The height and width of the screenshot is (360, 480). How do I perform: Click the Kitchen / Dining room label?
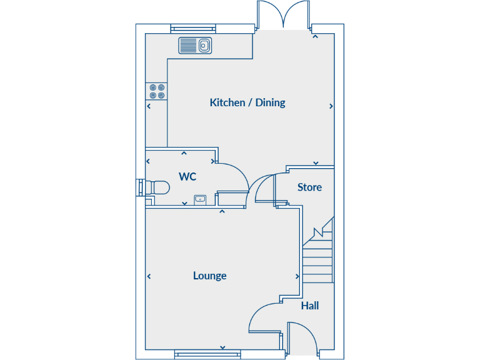click(x=247, y=102)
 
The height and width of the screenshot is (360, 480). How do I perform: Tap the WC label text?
click(x=187, y=177)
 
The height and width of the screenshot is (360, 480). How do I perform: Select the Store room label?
click(x=309, y=187)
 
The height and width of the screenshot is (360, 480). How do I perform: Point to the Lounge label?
click(x=209, y=276)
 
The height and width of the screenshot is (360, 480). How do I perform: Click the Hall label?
click(x=310, y=306)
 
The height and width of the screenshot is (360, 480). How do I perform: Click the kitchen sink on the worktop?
click(x=196, y=46)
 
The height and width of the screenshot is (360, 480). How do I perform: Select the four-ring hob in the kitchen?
click(x=156, y=92)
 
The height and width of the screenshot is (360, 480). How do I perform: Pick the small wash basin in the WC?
click(x=201, y=199)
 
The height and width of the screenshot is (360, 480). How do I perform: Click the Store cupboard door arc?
click(x=264, y=186)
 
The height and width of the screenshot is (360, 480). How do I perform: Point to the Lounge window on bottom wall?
click(x=207, y=354)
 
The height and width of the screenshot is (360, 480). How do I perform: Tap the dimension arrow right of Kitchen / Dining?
click(x=331, y=106)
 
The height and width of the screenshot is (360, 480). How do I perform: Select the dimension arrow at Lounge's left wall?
click(x=149, y=276)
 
